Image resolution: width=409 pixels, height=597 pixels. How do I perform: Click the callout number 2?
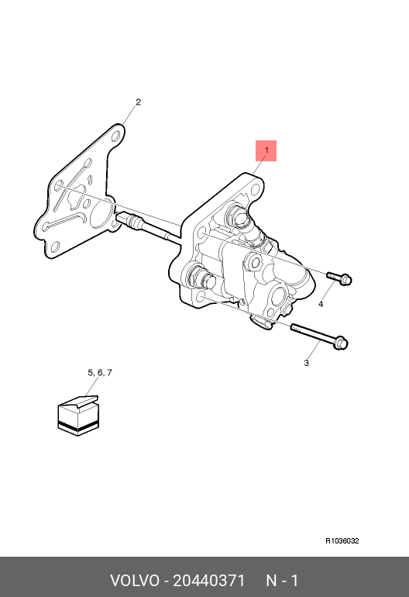pyautogui.click(x=138, y=102)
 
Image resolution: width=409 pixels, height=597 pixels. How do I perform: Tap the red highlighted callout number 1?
pyautogui.click(x=266, y=150)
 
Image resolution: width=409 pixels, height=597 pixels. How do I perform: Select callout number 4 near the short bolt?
pyautogui.click(x=321, y=304)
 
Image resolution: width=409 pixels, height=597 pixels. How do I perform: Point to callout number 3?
pyautogui.click(x=306, y=363)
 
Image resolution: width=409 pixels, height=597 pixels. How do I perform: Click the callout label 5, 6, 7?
pyautogui.click(x=100, y=372)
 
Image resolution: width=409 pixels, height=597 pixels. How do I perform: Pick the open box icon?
pyautogui.click(x=78, y=416)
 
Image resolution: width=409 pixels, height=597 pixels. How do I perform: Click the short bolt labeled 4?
pyautogui.click(x=339, y=278)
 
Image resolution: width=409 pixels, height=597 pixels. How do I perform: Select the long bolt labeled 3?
pyautogui.click(x=319, y=336)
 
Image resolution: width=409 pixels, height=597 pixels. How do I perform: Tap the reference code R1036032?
pyautogui.click(x=342, y=541)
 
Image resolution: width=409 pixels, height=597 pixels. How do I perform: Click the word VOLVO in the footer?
pyautogui.click(x=135, y=581)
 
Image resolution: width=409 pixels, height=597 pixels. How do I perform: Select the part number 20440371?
pyautogui.click(x=209, y=581)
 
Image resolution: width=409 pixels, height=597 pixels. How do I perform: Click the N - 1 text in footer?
pyautogui.click(x=282, y=581)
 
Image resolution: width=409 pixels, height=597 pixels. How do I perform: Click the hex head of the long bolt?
pyautogui.click(x=342, y=343)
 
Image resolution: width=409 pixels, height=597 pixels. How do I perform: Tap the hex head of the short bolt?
pyautogui.click(x=345, y=281)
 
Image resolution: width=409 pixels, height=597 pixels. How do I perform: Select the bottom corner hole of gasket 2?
pyautogui.click(x=55, y=247)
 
